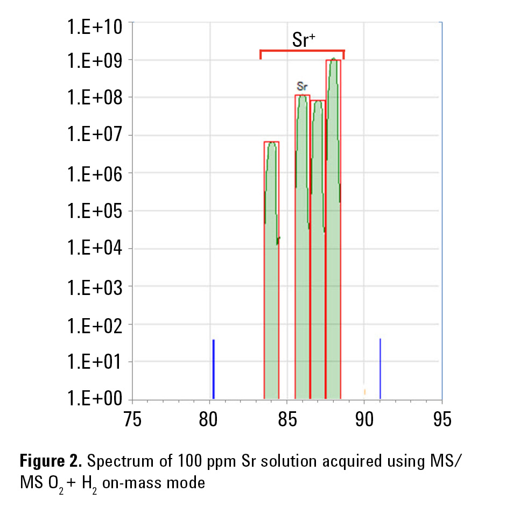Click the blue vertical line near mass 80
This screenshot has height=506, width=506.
pos(214,369)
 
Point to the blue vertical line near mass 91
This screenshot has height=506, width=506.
pos(380,369)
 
